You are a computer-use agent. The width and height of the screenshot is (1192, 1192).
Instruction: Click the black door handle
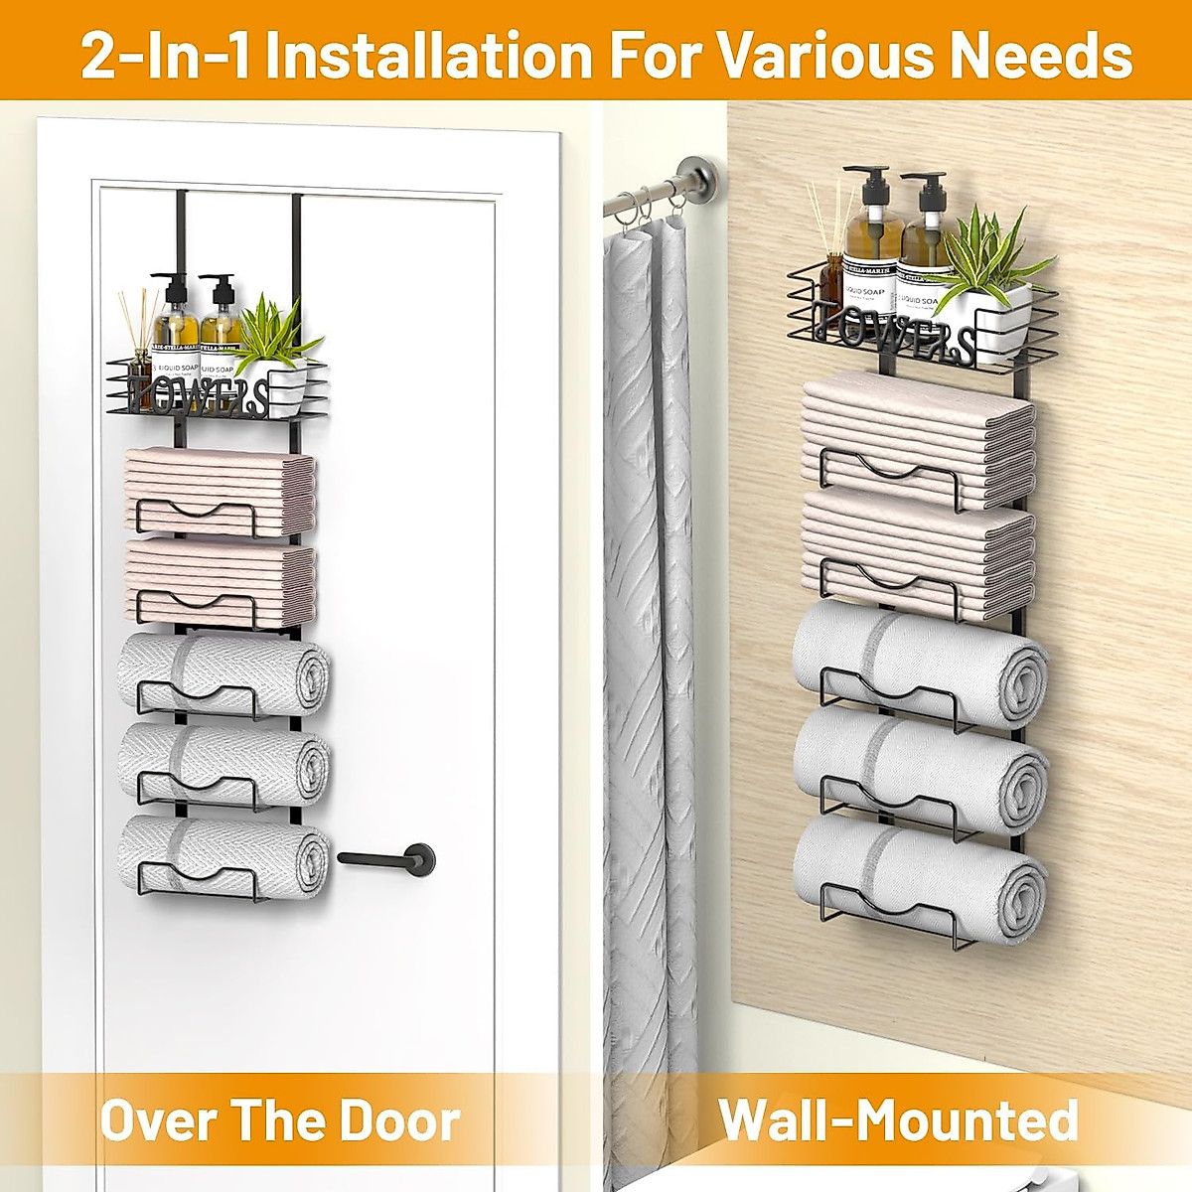pos(387,855)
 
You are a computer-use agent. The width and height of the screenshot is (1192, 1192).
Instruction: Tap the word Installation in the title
pos(428,55)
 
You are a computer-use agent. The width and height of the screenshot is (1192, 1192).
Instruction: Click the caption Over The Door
pos(280,1120)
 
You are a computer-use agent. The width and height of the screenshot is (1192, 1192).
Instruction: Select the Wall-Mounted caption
pos(898,1120)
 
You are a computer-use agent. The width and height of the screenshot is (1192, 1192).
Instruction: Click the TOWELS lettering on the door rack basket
pos(200,394)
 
